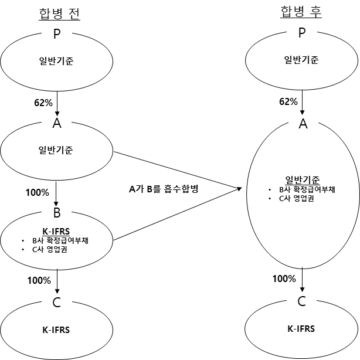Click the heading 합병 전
click(x=59, y=14)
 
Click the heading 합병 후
click(x=301, y=12)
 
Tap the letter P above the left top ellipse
click(x=57, y=34)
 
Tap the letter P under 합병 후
click(x=302, y=33)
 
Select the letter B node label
click(x=57, y=213)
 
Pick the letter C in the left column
click(x=56, y=302)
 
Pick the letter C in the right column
click(x=302, y=301)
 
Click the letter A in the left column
click(x=57, y=123)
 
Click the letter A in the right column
click(x=303, y=124)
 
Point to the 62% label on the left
click(x=43, y=103)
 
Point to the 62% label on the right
click(x=288, y=101)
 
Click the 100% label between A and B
click(x=38, y=192)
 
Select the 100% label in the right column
click(x=284, y=279)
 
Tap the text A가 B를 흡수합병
click(x=164, y=189)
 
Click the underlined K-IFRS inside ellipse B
click(x=56, y=232)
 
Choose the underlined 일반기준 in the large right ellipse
click(x=303, y=180)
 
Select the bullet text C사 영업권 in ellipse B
click(x=50, y=249)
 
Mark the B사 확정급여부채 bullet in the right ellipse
click(x=307, y=189)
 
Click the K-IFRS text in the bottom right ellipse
click(x=301, y=329)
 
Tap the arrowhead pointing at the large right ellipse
click(x=239, y=189)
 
